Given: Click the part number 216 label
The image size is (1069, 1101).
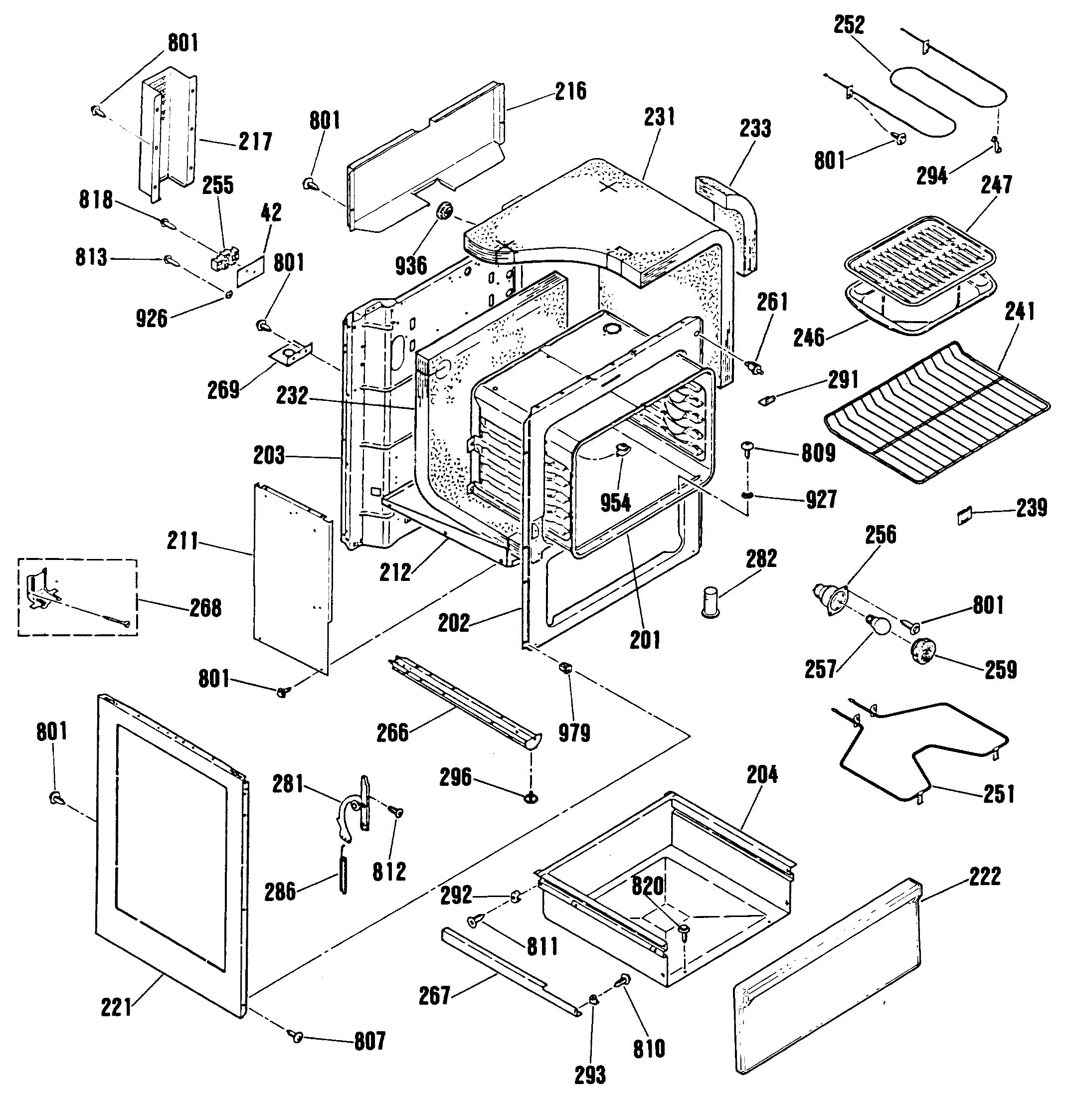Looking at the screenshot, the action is (x=571, y=91).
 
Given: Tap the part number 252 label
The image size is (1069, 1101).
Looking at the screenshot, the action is (x=849, y=25).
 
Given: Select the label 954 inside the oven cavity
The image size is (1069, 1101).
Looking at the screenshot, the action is (x=616, y=503).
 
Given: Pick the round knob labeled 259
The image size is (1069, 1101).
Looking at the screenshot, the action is (x=923, y=654).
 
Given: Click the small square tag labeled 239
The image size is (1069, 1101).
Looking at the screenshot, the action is (x=964, y=515).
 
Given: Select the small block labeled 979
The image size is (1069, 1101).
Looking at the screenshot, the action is (x=564, y=667).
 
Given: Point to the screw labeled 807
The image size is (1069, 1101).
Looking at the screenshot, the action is (x=296, y=1035).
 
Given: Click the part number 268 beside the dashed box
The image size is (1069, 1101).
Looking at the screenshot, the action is (x=205, y=608).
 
